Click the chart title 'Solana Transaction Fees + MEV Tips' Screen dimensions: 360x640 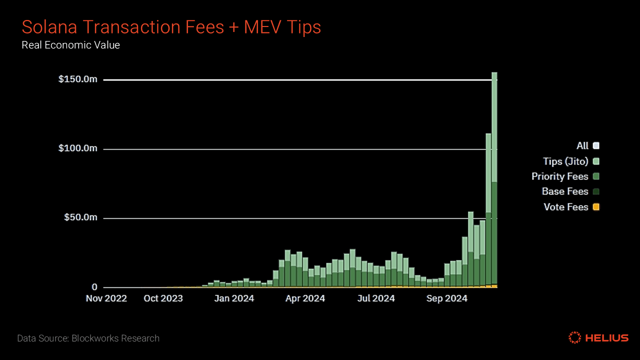pos(171,27)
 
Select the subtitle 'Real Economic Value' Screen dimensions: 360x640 pos(70,45)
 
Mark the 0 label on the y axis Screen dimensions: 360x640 pos(94,287)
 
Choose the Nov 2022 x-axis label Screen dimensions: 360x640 pos(106,298)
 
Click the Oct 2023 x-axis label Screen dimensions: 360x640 pos(163,298)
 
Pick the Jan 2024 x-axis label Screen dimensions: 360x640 pos(234,298)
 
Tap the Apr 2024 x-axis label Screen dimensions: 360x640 pos(305,298)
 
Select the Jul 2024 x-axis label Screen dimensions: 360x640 pos(375,298)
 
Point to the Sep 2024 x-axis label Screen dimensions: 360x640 pos(447,298)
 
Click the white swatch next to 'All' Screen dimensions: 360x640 pos(595,146)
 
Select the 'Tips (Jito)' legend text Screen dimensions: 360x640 pos(565,161)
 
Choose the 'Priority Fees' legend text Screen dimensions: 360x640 pos(559,176)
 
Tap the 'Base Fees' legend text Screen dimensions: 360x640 pos(564,191)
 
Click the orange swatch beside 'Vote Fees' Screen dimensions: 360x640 pos(595,207)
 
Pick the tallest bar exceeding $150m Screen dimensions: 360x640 pos(494,180)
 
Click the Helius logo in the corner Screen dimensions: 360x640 pos(598,338)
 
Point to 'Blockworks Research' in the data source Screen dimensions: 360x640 pos(115,338)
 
